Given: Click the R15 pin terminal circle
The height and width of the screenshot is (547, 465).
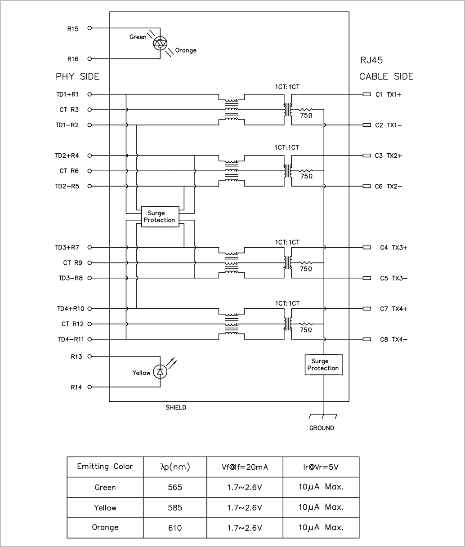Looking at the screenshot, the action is coord(89,28).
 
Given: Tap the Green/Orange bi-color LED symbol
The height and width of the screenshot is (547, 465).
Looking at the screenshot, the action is coord(160,43).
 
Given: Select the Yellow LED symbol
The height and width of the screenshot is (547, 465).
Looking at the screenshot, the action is coord(160,372).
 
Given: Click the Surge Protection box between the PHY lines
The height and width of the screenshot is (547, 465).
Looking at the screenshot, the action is coord(160,217).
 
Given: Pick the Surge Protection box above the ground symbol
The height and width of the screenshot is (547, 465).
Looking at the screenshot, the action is coord(324,365).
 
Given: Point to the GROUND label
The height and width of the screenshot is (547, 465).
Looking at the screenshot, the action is coord(322,428).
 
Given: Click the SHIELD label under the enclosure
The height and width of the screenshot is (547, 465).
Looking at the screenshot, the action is coord(176,408).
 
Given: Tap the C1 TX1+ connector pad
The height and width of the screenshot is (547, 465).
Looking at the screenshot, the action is coord(367,94).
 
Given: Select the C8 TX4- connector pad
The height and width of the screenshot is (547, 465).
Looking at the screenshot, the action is coord(367,339).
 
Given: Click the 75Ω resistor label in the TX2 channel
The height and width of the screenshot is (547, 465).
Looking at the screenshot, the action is coord(306,176).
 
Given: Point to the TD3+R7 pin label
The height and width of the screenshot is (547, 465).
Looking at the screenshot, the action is coord(67,248).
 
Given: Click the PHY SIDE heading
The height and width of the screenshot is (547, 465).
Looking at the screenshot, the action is coord(77,76).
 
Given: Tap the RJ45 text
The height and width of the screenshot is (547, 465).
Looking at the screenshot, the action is coord(371,60).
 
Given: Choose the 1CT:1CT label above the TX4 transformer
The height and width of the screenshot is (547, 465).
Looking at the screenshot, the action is coord(287,303).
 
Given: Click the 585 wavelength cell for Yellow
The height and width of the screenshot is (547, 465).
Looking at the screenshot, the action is coord(175,507).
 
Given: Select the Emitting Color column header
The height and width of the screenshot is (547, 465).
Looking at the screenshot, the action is coord(105,466).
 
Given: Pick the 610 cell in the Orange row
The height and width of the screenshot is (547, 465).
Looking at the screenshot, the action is coord(175,528).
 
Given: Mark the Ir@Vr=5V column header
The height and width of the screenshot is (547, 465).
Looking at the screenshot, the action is coord(321,467).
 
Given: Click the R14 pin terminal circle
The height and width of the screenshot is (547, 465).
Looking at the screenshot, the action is coord(89,387).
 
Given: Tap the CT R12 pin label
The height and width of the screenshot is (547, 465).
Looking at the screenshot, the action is coord(72,324).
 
